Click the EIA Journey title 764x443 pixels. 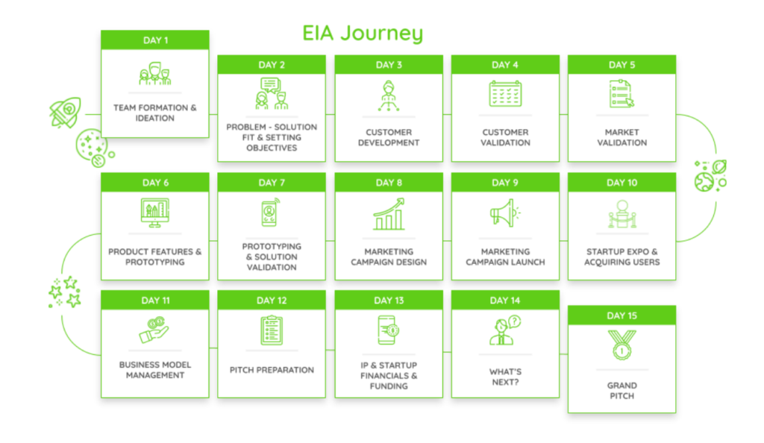pyautogui.click(x=363, y=34)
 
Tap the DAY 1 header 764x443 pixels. pyautogui.click(x=155, y=40)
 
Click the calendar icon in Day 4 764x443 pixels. pyautogui.click(x=505, y=93)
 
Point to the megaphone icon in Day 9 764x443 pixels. pyautogui.click(x=505, y=213)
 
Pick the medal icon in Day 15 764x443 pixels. pyautogui.click(x=621, y=345)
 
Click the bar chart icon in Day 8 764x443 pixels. pyautogui.click(x=389, y=214)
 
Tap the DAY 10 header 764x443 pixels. pyautogui.click(x=621, y=183)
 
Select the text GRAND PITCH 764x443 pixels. pyautogui.click(x=621, y=391)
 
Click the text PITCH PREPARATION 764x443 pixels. pyautogui.click(x=272, y=370)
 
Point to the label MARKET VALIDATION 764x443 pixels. pyautogui.click(x=621, y=137)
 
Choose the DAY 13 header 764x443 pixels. pyautogui.click(x=389, y=301)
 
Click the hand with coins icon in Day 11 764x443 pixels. pyautogui.click(x=154, y=330)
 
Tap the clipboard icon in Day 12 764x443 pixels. pyautogui.click(x=272, y=330)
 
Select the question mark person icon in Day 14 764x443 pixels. pyautogui.click(x=505, y=330)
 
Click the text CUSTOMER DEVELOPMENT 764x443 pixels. pyautogui.click(x=389, y=137)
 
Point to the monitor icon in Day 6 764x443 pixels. pyautogui.click(x=155, y=213)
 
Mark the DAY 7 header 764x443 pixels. pyautogui.click(x=272, y=183)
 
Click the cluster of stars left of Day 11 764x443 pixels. pyautogui.click(x=65, y=292)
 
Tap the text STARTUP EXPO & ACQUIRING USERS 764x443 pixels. pyautogui.click(x=621, y=257)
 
